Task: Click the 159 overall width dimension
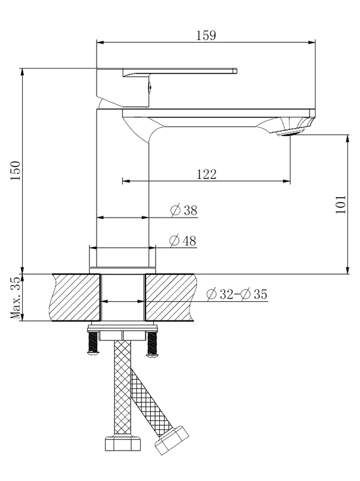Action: point(206,35)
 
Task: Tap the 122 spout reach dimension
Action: point(206,174)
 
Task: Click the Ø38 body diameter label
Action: point(183,210)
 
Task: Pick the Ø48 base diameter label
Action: point(183,240)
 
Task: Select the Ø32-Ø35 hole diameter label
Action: point(236,294)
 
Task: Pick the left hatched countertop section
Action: point(76,298)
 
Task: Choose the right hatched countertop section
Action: point(171,298)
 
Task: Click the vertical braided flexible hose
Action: point(122,385)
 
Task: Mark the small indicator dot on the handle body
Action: point(149,89)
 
